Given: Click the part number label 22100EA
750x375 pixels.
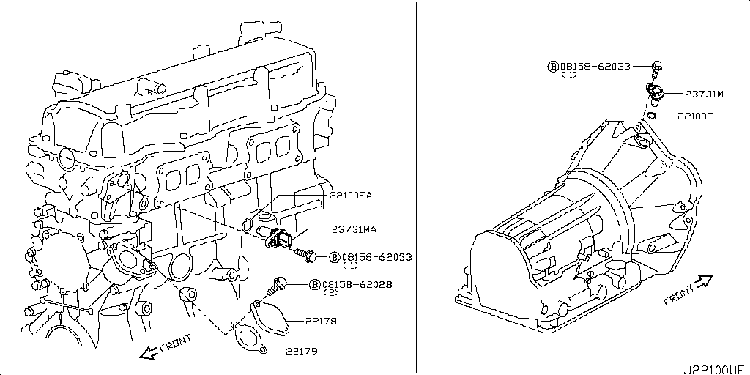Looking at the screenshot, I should click(x=351, y=196).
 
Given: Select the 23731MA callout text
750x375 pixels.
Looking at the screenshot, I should click(x=354, y=229).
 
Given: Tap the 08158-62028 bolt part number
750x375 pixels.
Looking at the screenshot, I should click(x=357, y=284).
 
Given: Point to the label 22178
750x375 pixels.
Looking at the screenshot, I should click(x=322, y=321).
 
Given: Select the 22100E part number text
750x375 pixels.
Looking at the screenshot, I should click(x=695, y=116).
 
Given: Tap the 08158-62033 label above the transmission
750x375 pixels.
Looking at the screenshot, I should click(x=595, y=66).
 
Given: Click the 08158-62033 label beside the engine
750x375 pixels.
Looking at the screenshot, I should click(x=377, y=257).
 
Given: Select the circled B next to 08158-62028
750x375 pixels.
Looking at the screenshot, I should click(x=315, y=284).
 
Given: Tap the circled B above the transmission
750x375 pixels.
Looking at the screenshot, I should click(x=553, y=66).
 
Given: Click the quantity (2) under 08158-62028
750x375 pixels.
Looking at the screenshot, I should click(x=331, y=292).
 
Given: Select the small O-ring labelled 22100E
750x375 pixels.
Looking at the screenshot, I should click(x=650, y=115).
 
